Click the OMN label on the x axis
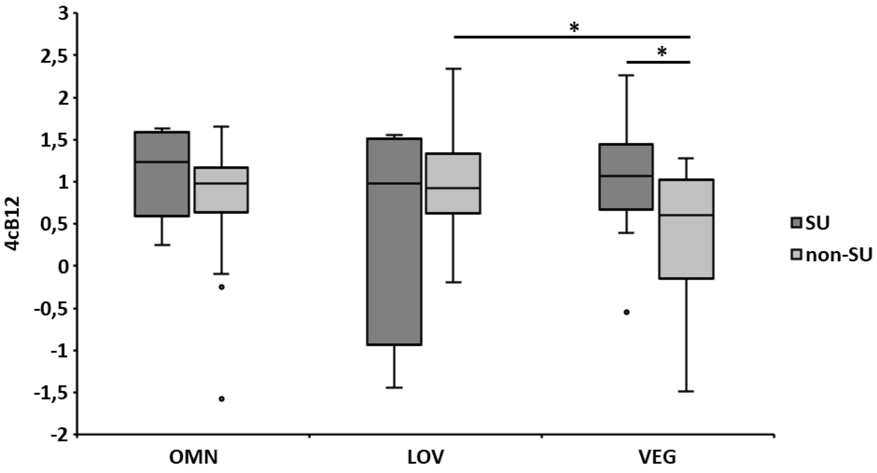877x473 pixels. (x=193, y=458)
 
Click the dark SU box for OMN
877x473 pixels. (x=162, y=174)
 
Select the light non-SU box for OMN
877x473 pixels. (x=221, y=190)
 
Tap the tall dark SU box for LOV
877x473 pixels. (x=395, y=242)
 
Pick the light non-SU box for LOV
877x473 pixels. (x=453, y=183)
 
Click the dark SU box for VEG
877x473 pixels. (x=627, y=177)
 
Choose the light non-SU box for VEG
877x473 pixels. (x=685, y=229)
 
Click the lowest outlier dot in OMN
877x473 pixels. (x=221, y=399)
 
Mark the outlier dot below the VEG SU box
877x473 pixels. (x=627, y=312)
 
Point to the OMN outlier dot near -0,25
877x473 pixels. (x=221, y=287)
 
